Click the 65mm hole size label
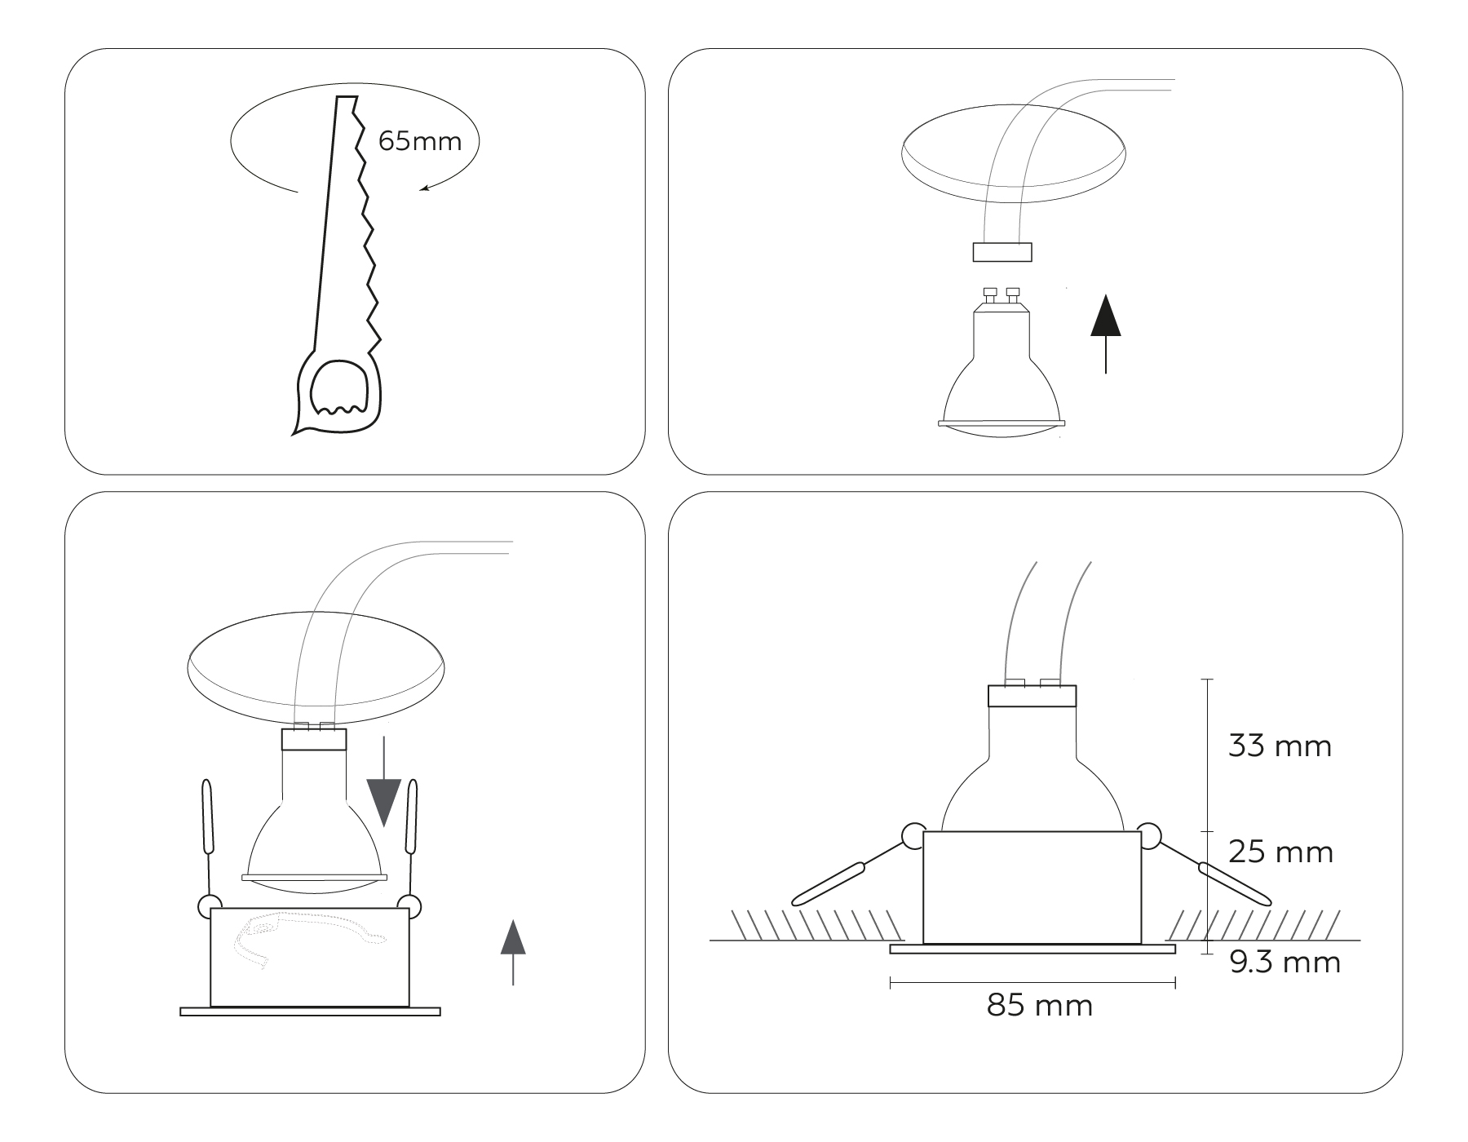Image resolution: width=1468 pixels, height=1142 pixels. click(x=420, y=141)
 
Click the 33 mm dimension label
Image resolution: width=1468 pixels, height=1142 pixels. click(x=1280, y=746)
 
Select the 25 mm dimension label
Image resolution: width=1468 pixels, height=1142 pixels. click(x=1280, y=852)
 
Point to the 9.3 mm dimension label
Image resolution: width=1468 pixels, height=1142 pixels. click(x=1284, y=963)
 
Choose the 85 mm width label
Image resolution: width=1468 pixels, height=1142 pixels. click(x=1040, y=1006)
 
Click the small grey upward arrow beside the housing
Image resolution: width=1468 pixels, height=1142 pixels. click(x=513, y=952)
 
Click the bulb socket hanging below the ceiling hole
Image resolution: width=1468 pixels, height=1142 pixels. click(x=1002, y=252)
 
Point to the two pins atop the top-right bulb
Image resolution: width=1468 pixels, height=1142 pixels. click(x=1002, y=294)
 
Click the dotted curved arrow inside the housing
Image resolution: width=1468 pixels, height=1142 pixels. click(x=310, y=938)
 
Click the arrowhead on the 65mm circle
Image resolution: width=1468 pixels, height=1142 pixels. click(x=424, y=189)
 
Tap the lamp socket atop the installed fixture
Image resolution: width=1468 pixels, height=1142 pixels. click(x=1032, y=695)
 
